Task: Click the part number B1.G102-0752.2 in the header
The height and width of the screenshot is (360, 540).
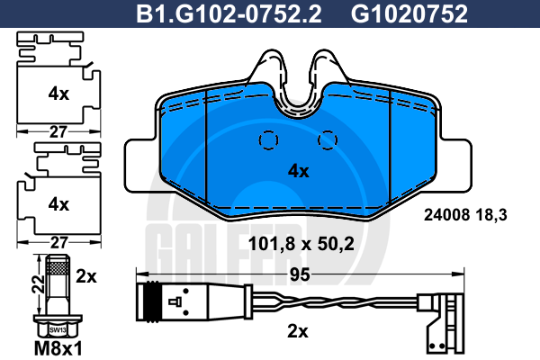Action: coord(229,13)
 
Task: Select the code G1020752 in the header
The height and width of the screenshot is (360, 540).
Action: coord(409,13)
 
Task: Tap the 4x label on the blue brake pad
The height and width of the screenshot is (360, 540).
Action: coord(298,171)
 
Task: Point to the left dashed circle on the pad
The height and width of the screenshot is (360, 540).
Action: coord(268,140)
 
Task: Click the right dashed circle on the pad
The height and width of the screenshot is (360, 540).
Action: coord(328,140)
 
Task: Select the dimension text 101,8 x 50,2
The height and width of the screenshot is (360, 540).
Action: coord(301,244)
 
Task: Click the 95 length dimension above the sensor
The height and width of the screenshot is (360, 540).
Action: coord(300,274)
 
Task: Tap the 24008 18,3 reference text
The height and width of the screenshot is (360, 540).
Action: coord(465,215)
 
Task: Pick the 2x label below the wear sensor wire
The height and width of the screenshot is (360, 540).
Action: coord(298,332)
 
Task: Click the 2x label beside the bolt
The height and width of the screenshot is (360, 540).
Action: coord(86,276)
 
